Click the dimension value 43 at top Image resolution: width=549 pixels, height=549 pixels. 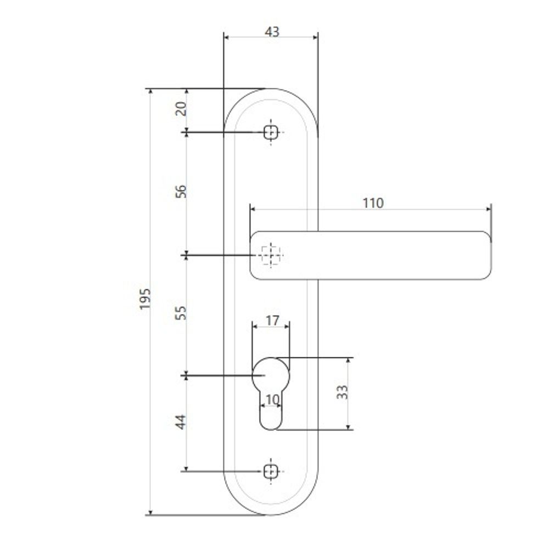[272, 32]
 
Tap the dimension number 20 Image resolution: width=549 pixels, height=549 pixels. [181, 108]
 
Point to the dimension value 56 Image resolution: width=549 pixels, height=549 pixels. [181, 192]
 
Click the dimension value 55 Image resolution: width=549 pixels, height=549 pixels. [181, 313]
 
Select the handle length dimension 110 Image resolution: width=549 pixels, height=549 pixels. [373, 203]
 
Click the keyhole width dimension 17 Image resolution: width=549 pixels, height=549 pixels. [272, 320]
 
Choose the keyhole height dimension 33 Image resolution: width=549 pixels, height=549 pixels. [341, 392]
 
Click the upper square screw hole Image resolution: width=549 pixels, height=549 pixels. [271, 132]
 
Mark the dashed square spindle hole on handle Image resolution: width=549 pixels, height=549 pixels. [270, 255]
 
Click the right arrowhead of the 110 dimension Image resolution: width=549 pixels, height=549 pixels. [488, 209]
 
